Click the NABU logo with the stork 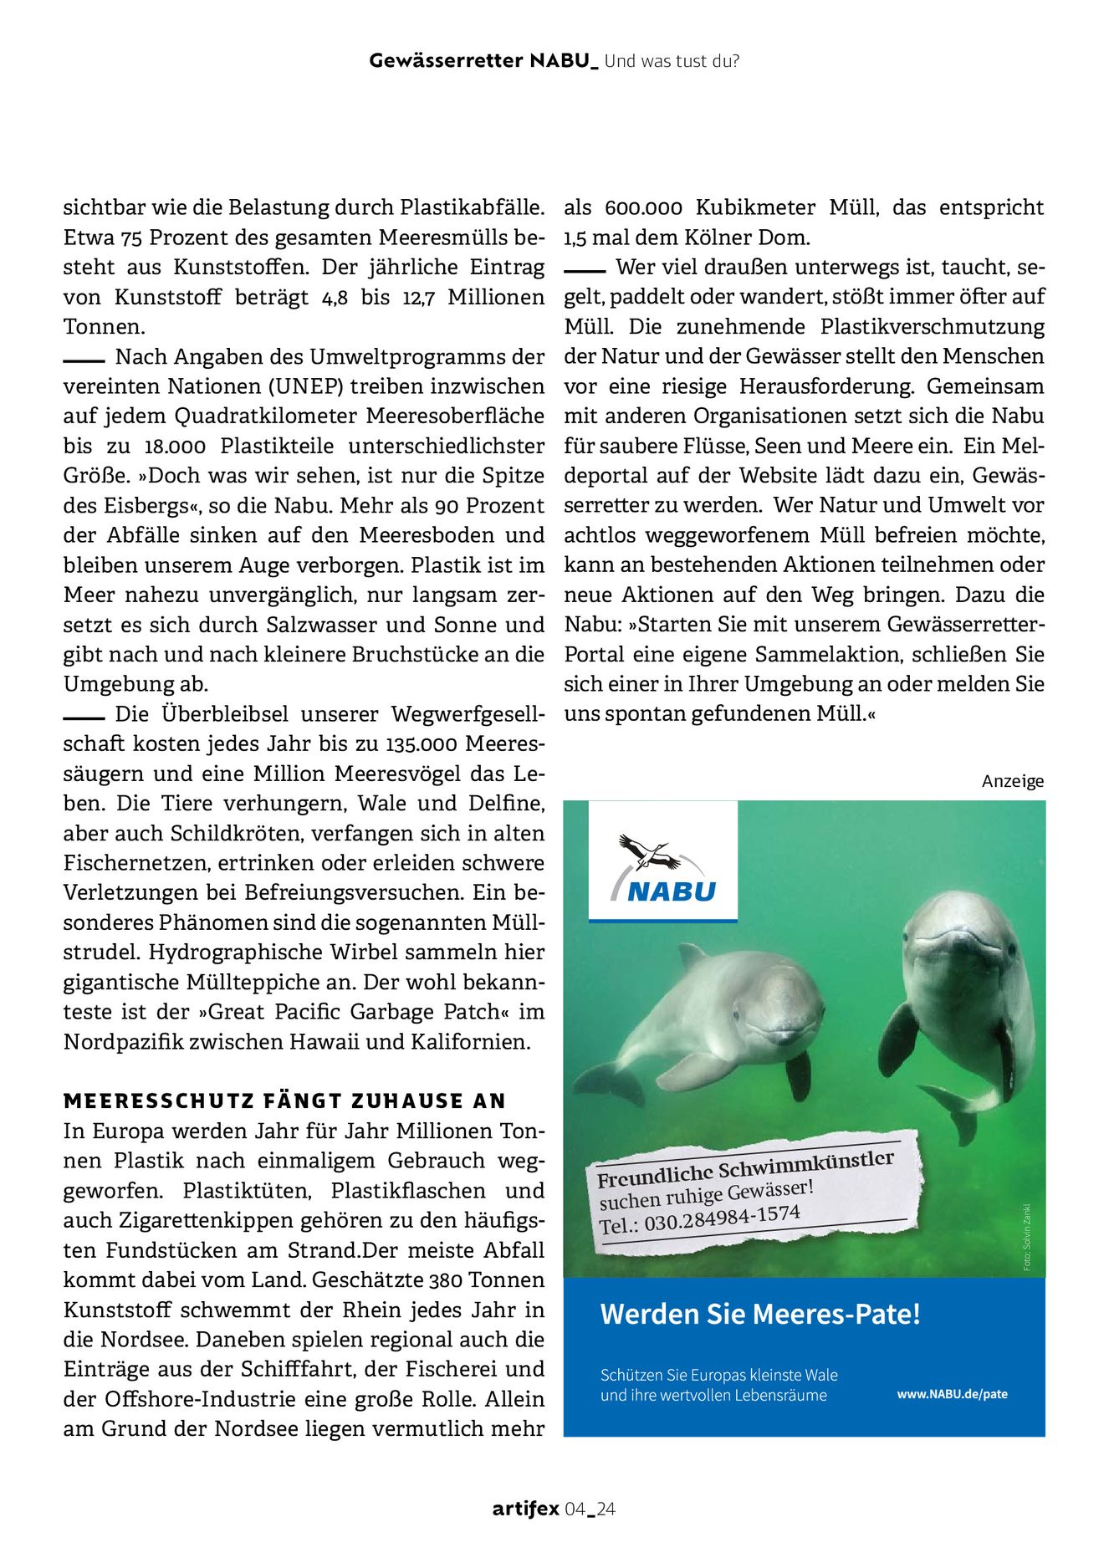662,861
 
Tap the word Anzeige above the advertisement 1012,781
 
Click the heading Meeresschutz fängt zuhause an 284,1101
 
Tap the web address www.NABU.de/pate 952,1394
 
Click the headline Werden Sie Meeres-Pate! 759,1314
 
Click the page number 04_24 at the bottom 590,1509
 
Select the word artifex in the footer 525,1509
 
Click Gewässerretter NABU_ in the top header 483,61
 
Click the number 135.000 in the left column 422,743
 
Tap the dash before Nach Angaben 83,360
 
